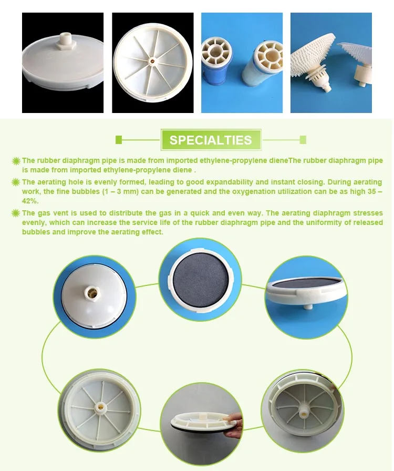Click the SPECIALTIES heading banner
pos(211,140)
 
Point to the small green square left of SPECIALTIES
pos(119,140)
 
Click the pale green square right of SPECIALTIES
pos(303,140)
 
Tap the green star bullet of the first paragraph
pos(16,161)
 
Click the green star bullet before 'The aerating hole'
pos(16,182)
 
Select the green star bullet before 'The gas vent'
pos(16,213)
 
